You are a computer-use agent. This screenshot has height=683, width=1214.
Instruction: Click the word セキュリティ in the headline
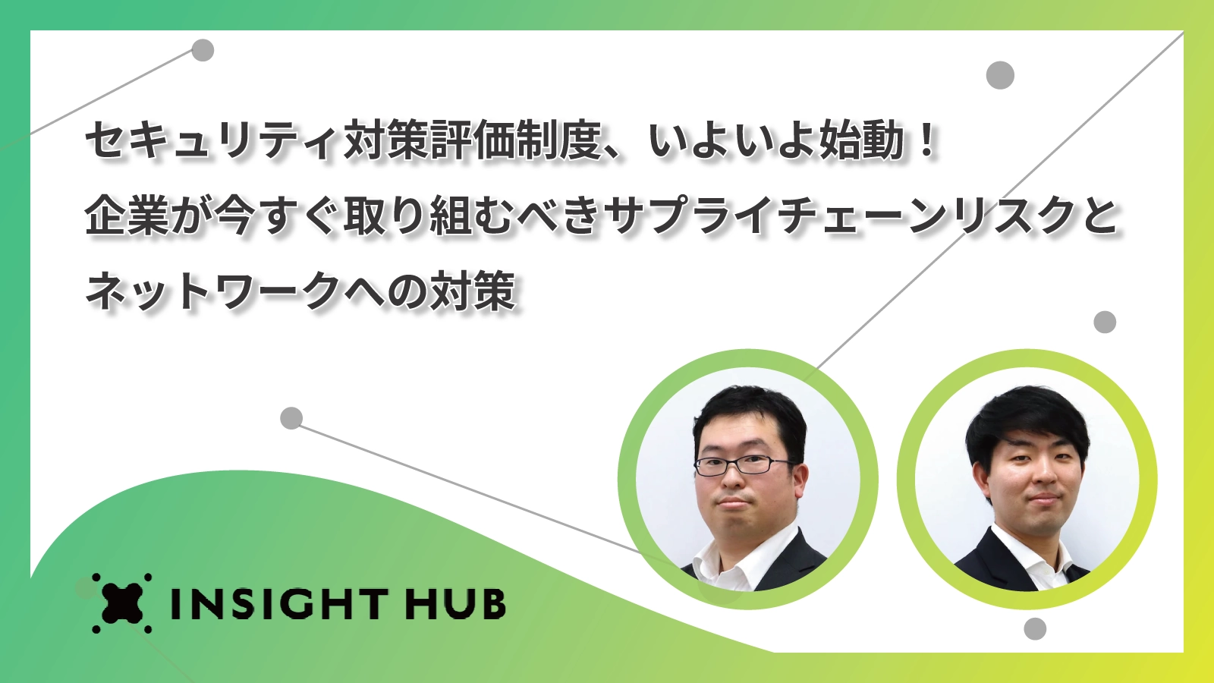(x=215, y=140)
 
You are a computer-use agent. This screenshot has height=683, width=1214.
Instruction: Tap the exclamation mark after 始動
(x=929, y=140)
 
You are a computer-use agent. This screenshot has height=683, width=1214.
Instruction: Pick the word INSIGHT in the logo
(x=280, y=603)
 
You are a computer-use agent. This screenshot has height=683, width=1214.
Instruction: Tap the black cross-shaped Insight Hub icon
(x=122, y=603)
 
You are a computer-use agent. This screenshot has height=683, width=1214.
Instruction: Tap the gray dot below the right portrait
(x=1035, y=629)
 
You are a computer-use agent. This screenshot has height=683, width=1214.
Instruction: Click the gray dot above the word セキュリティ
(x=203, y=50)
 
